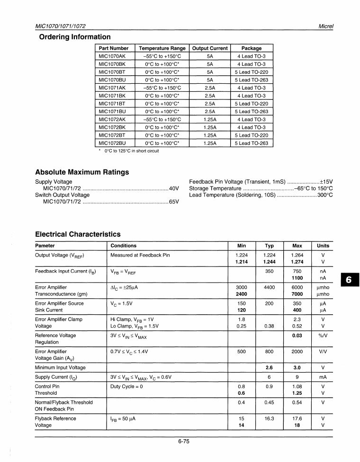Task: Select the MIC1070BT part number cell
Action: point(112,72)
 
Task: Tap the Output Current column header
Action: point(209,48)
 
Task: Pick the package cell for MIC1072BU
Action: point(252,143)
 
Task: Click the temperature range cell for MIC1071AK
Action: point(162,88)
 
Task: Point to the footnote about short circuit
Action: point(128,151)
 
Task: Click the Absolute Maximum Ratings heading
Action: point(82,172)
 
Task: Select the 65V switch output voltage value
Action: point(173,202)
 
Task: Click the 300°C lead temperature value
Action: point(325,195)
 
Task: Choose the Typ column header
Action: point(269,246)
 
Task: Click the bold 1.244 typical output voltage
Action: point(269,262)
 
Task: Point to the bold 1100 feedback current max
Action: point(297,278)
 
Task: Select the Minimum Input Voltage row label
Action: point(60,367)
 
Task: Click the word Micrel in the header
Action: point(325,26)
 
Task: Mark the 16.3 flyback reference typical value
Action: point(269,418)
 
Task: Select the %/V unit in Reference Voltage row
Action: point(323,335)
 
